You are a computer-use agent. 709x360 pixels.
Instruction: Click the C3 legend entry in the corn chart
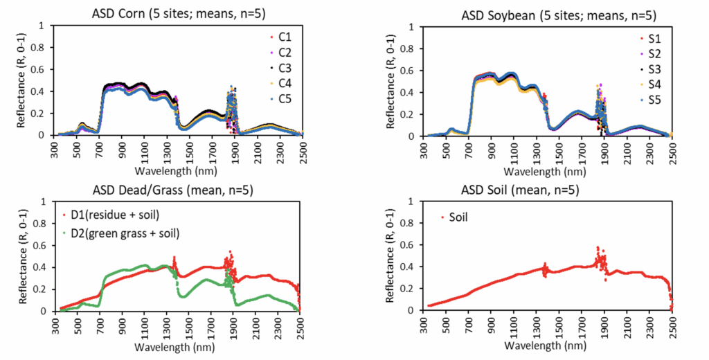pyautogui.click(x=283, y=68)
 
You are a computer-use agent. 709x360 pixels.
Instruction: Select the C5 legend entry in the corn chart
pyautogui.click(x=283, y=100)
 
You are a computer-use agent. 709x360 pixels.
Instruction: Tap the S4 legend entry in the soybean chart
pyautogui.click(x=653, y=85)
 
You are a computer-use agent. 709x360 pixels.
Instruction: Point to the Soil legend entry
pyautogui.click(x=455, y=217)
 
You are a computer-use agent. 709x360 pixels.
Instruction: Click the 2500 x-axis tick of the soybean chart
pyautogui.click(x=672, y=147)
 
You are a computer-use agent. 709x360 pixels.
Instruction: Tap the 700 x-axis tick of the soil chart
pyautogui.click(x=469, y=323)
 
